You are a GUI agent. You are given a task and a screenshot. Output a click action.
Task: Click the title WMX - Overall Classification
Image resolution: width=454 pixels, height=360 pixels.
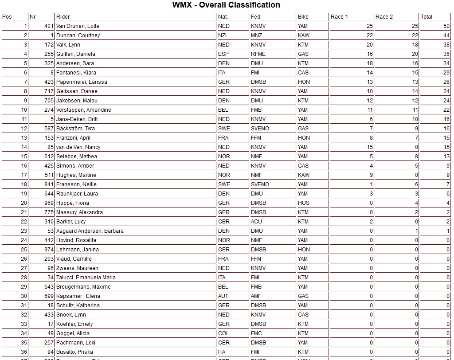(x=226, y=5)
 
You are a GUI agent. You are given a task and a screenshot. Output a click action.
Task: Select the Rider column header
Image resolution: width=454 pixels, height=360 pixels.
(x=63, y=17)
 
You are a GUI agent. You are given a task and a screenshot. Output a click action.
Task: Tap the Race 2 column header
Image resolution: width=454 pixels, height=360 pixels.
(x=384, y=17)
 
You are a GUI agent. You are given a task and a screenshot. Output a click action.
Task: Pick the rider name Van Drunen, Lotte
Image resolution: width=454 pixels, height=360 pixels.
(x=78, y=26)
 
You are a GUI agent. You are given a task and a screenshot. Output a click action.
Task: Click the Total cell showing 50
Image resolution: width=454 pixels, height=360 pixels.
(x=446, y=26)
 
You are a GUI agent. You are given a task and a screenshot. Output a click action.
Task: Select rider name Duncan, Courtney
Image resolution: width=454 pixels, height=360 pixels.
(x=78, y=35)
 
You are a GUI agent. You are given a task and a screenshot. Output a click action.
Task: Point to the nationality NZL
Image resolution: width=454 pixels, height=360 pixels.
(x=223, y=35)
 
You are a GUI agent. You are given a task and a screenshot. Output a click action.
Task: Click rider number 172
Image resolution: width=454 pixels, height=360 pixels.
(x=49, y=45)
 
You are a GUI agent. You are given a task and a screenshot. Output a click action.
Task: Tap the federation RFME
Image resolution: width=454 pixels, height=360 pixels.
(x=258, y=54)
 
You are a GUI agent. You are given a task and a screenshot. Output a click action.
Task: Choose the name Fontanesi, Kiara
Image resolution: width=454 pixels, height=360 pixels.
(x=76, y=73)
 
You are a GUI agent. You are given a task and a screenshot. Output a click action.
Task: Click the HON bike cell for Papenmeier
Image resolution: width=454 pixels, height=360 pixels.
(x=304, y=82)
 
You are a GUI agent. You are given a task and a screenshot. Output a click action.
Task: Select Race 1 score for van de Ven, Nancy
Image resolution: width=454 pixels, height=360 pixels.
(x=370, y=147)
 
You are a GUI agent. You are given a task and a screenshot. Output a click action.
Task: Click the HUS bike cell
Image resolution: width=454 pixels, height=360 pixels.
(x=304, y=203)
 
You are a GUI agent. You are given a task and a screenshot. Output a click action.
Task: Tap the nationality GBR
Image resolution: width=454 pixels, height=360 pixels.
(x=224, y=222)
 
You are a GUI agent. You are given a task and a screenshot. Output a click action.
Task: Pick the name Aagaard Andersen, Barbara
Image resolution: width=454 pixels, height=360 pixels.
(x=90, y=231)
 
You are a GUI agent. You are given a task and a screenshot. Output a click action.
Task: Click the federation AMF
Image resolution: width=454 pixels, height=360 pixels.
(x=256, y=296)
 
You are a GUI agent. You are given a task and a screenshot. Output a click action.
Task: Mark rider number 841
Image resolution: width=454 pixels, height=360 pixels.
(x=49, y=184)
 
